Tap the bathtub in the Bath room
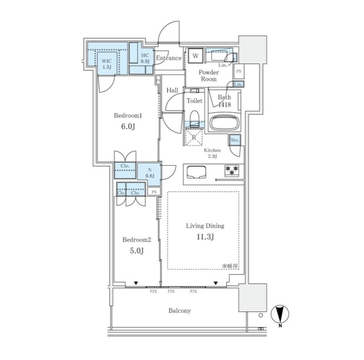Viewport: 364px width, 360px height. pos(224,123)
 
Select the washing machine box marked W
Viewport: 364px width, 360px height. pos(196,56)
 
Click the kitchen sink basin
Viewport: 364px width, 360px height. pos(196,172)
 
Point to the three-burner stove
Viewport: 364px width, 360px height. pos(232,171)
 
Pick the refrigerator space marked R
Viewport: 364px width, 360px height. pos(194,138)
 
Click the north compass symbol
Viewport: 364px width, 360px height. pos(280,315)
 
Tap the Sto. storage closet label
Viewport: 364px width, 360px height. pos(235,140)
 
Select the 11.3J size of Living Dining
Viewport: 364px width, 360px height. pos(205,237)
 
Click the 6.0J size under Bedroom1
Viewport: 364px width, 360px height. pos(128,126)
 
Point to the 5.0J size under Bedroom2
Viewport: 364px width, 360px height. pos(137,251)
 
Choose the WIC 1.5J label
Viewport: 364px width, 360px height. pos(107,64)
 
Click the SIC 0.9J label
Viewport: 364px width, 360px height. pos(145,58)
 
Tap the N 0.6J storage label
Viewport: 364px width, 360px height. pos(150,173)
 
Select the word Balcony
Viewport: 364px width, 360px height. pos(180,311)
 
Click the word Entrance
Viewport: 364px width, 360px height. pos(169,58)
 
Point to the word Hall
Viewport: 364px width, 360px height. pos(172,90)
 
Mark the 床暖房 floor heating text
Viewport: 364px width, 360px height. pos(230,266)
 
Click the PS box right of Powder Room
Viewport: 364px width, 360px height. pos(239,72)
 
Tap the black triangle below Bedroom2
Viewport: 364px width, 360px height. pos(136,283)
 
